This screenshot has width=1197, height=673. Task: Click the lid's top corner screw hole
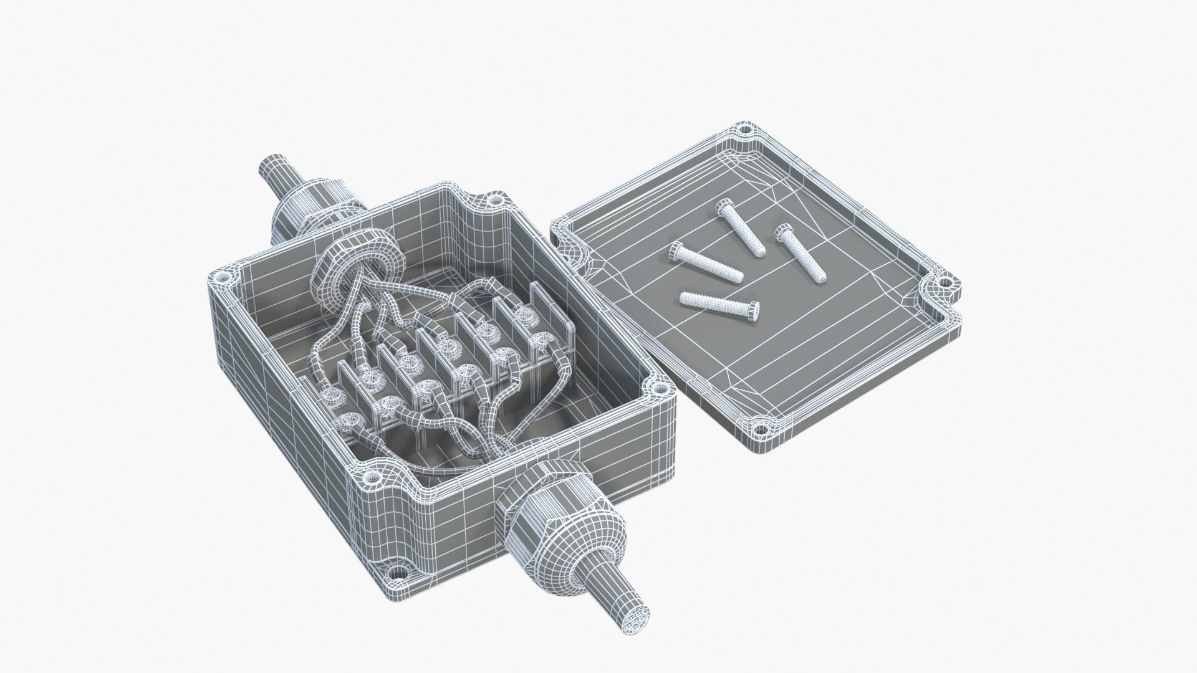click(x=744, y=131)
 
